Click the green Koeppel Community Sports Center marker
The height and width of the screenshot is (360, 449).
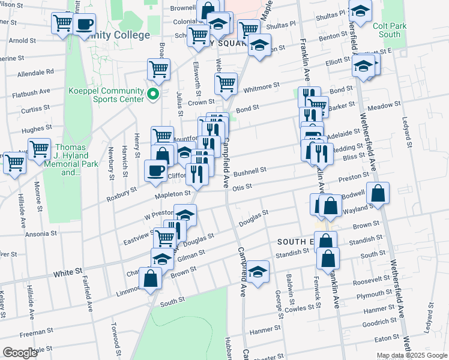pos(153,94)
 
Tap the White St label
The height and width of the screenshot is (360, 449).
pos(67,272)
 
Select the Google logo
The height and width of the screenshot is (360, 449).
pos(20,353)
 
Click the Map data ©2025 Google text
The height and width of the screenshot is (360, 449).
pos(411,355)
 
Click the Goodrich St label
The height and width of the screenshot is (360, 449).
pos(381,322)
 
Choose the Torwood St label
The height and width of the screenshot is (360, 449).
pos(115,338)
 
